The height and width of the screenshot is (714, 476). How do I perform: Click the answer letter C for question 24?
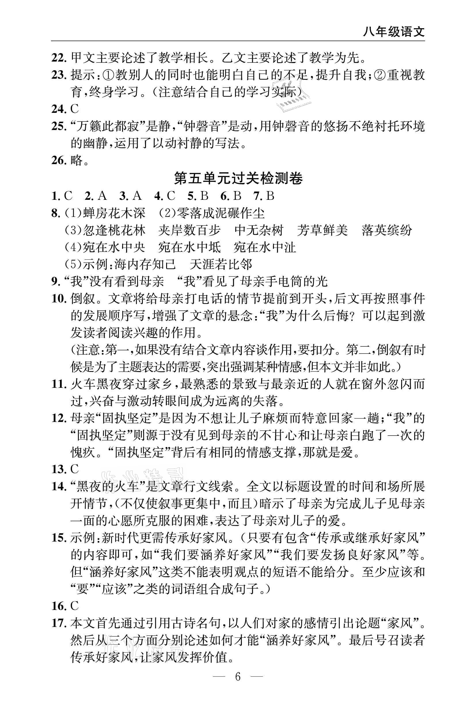point(75,109)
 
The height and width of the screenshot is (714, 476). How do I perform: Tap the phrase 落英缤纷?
point(387,231)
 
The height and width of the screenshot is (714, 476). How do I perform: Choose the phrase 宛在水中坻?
point(190,248)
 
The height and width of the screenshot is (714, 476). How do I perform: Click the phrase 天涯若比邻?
point(221,265)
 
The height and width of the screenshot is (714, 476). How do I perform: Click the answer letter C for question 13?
point(75,469)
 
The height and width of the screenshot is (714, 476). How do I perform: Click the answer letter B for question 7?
point(270,196)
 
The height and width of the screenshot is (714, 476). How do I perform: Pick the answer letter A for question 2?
point(103,196)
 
